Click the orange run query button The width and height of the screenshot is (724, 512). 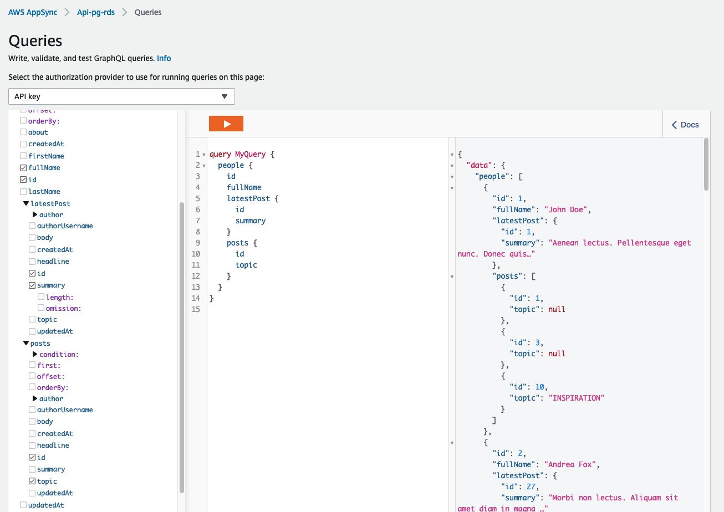tap(226, 124)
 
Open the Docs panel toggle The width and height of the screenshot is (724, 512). tap(685, 125)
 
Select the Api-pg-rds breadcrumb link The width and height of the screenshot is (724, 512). tap(96, 12)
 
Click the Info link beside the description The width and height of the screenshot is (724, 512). tap(164, 58)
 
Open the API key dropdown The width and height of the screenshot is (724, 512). tap(121, 96)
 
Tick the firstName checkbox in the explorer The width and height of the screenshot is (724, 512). tap(23, 156)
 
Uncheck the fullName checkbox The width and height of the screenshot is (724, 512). tap(23, 168)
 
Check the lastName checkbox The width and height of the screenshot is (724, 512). tap(23, 192)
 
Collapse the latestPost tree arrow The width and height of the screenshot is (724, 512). tap(26, 203)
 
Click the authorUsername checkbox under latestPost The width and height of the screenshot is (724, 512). tap(32, 226)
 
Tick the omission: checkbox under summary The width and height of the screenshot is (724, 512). tap(41, 308)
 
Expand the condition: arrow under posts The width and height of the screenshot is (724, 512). tap(35, 354)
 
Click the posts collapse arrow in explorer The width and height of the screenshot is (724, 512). tap(26, 344)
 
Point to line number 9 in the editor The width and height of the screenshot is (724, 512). tap(198, 243)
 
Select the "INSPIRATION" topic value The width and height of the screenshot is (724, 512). tap(576, 398)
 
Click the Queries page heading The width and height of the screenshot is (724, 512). tap(35, 40)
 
